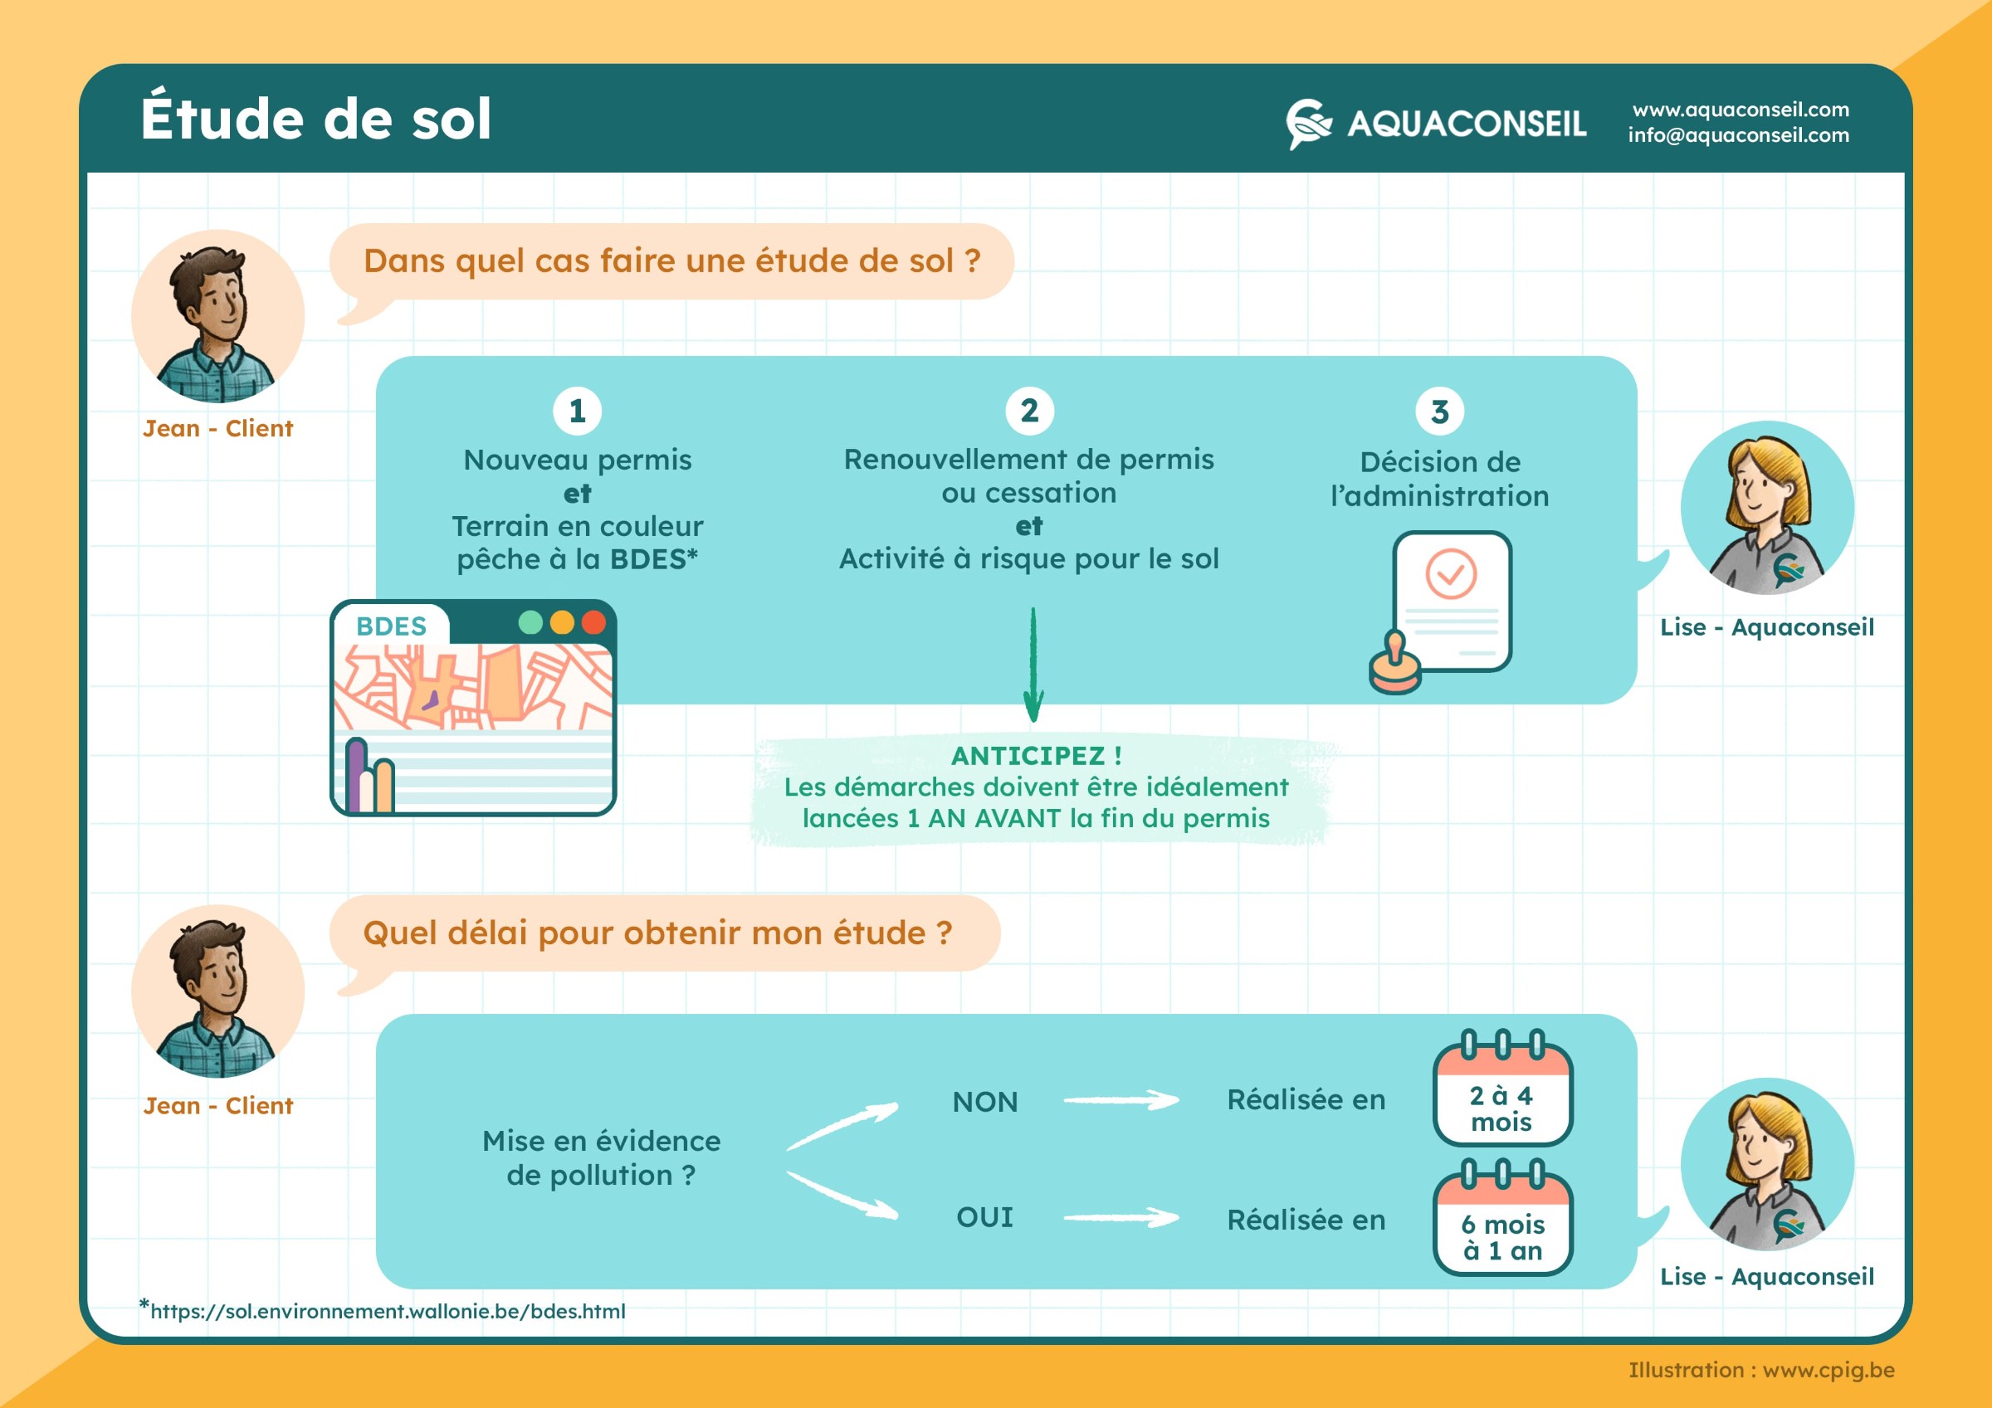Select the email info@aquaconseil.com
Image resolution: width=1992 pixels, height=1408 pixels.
pos(1738,135)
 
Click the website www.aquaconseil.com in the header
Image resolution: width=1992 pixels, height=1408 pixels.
pos(1741,110)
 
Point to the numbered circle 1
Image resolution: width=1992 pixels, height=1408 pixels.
pos(577,411)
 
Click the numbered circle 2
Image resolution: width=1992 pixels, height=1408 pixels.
pos(1029,411)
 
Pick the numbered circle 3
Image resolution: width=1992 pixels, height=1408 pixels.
pos(1439,412)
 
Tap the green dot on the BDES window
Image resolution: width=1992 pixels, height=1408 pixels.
pos(530,622)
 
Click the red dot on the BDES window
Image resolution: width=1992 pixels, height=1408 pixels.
pos(593,622)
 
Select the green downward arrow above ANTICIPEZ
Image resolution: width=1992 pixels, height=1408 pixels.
pos(1033,665)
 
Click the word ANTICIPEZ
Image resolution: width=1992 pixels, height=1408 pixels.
pos(1028,756)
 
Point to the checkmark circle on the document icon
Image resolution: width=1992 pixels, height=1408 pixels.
pos(1451,573)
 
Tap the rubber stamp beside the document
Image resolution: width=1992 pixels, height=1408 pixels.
pos(1394,664)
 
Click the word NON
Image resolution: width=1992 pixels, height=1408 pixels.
pos(984,1102)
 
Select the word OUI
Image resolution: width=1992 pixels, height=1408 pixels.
pos(984,1217)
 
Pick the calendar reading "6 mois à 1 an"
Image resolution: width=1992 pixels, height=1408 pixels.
pos(1501,1217)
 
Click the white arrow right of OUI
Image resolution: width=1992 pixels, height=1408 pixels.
pos(1121,1218)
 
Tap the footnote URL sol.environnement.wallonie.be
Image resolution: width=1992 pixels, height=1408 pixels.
pos(387,1311)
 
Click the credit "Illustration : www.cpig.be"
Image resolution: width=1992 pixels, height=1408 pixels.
pos(1760,1370)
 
